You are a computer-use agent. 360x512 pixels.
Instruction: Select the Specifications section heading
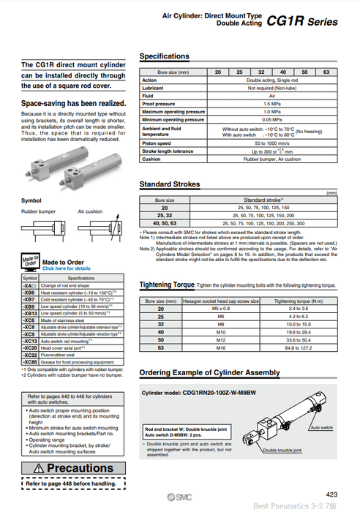pyautogui.click(x=165, y=56)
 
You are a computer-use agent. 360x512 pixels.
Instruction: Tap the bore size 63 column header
pyautogui.click(x=326, y=72)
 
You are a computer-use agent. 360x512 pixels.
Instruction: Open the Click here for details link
pyautogui.click(x=67, y=268)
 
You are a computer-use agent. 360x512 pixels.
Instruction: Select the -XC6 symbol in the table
pyautogui.click(x=29, y=320)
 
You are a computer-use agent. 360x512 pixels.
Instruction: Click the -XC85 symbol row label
pyautogui.click(x=30, y=361)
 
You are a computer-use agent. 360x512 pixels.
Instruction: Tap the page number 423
pyautogui.click(x=331, y=494)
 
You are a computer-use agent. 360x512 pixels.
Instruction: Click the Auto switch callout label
pyautogui.click(x=322, y=426)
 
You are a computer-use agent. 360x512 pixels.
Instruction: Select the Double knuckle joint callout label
pyautogui.click(x=284, y=451)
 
